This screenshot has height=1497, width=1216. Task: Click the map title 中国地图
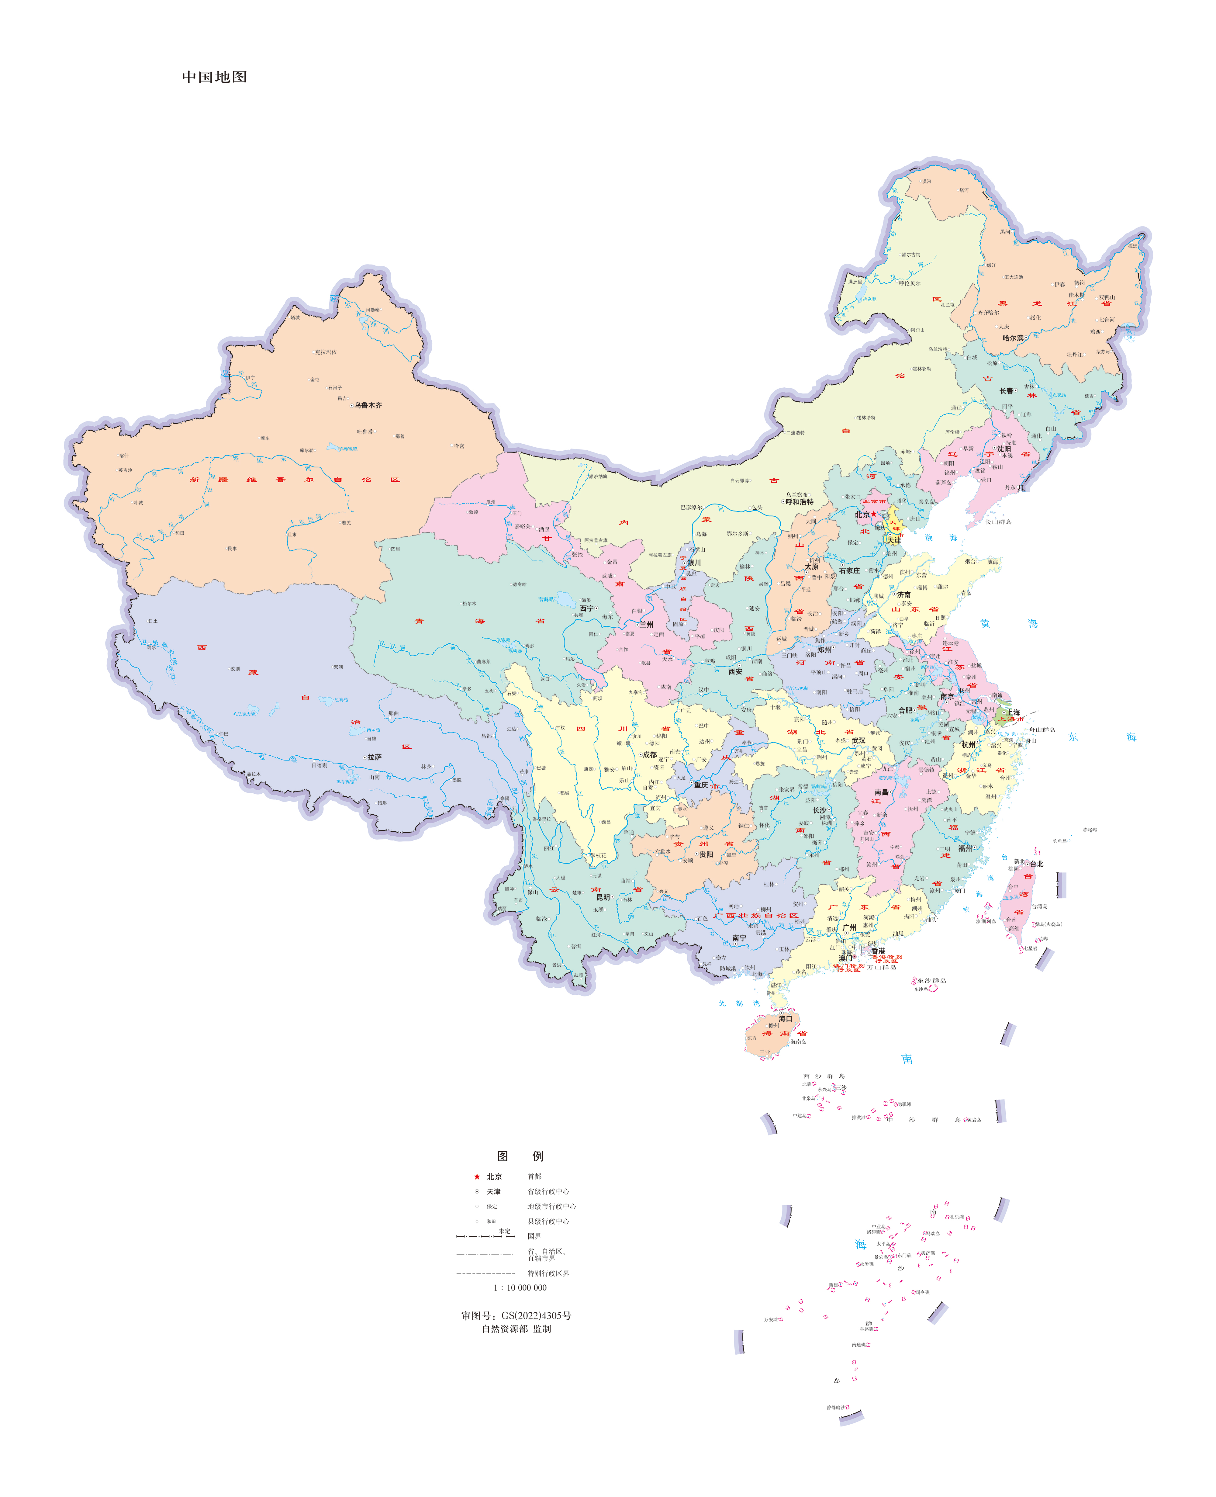(x=214, y=77)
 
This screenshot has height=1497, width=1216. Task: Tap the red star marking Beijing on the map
(x=873, y=514)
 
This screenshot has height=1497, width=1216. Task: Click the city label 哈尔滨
(x=1013, y=338)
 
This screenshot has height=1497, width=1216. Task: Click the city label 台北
(x=1037, y=864)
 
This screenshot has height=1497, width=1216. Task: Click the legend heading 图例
(x=520, y=1156)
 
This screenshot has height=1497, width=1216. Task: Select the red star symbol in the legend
(x=477, y=1177)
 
